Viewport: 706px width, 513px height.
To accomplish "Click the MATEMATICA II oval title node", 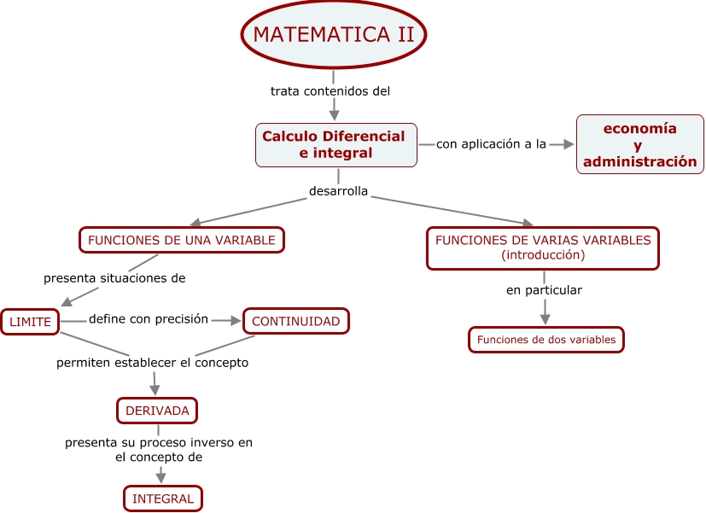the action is tap(334, 35).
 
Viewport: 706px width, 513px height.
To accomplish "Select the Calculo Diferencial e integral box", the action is tap(335, 145).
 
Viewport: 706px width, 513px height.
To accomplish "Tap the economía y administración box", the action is tap(640, 145).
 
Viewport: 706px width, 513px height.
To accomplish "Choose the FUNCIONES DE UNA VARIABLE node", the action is tap(182, 240).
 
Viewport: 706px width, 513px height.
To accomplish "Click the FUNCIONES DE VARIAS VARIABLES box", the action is tap(543, 248).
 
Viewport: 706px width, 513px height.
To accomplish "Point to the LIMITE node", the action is tap(30, 322).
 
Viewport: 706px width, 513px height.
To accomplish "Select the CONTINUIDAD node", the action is tap(296, 321).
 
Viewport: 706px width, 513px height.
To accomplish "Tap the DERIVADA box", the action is tap(157, 411).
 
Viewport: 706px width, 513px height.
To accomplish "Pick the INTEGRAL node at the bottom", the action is tap(163, 498).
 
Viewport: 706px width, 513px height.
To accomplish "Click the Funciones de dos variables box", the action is tap(546, 340).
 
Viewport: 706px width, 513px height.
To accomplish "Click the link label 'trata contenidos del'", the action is tap(330, 90).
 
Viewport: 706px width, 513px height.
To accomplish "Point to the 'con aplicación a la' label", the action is tap(491, 144).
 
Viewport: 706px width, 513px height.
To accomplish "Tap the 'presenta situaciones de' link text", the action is tap(114, 278).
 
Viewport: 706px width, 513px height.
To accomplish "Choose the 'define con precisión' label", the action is tap(149, 319).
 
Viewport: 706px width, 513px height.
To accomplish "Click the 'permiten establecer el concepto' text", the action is tap(152, 363).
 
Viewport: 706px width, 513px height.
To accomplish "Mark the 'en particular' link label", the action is tap(544, 290).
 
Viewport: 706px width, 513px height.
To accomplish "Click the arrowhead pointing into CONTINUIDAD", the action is tap(236, 321).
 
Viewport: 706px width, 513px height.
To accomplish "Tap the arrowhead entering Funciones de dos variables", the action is tap(544, 319).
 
